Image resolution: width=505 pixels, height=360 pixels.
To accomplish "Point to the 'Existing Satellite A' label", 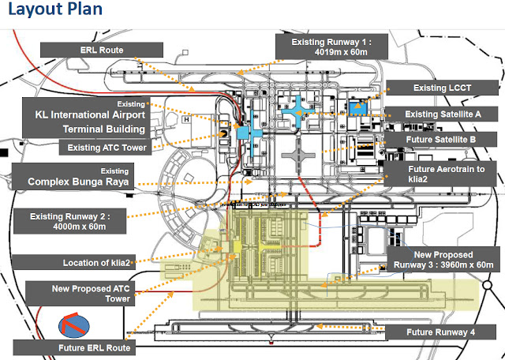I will tap(443, 114).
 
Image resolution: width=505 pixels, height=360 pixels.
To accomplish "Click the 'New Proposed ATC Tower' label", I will tap(78, 293).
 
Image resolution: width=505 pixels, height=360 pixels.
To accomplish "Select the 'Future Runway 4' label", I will tap(440, 332).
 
